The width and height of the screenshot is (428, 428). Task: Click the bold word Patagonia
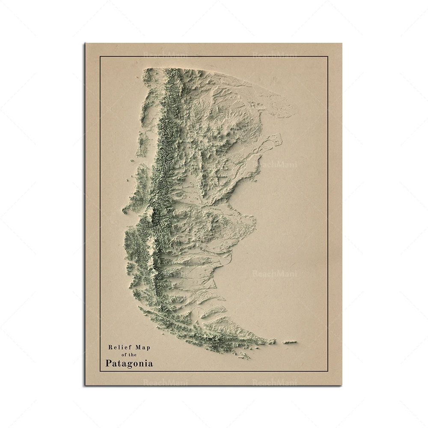(x=129, y=364)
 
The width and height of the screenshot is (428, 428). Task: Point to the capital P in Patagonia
(x=109, y=364)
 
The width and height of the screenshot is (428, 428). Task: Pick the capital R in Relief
(x=110, y=348)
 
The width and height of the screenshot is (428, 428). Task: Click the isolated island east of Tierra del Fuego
(x=289, y=342)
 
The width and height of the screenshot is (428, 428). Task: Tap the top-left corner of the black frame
(x=100, y=56)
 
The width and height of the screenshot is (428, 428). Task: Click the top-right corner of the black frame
(x=328, y=56)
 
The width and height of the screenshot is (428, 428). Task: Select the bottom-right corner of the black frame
(x=328, y=371)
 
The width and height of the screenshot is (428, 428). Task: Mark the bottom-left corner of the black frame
(x=100, y=371)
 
